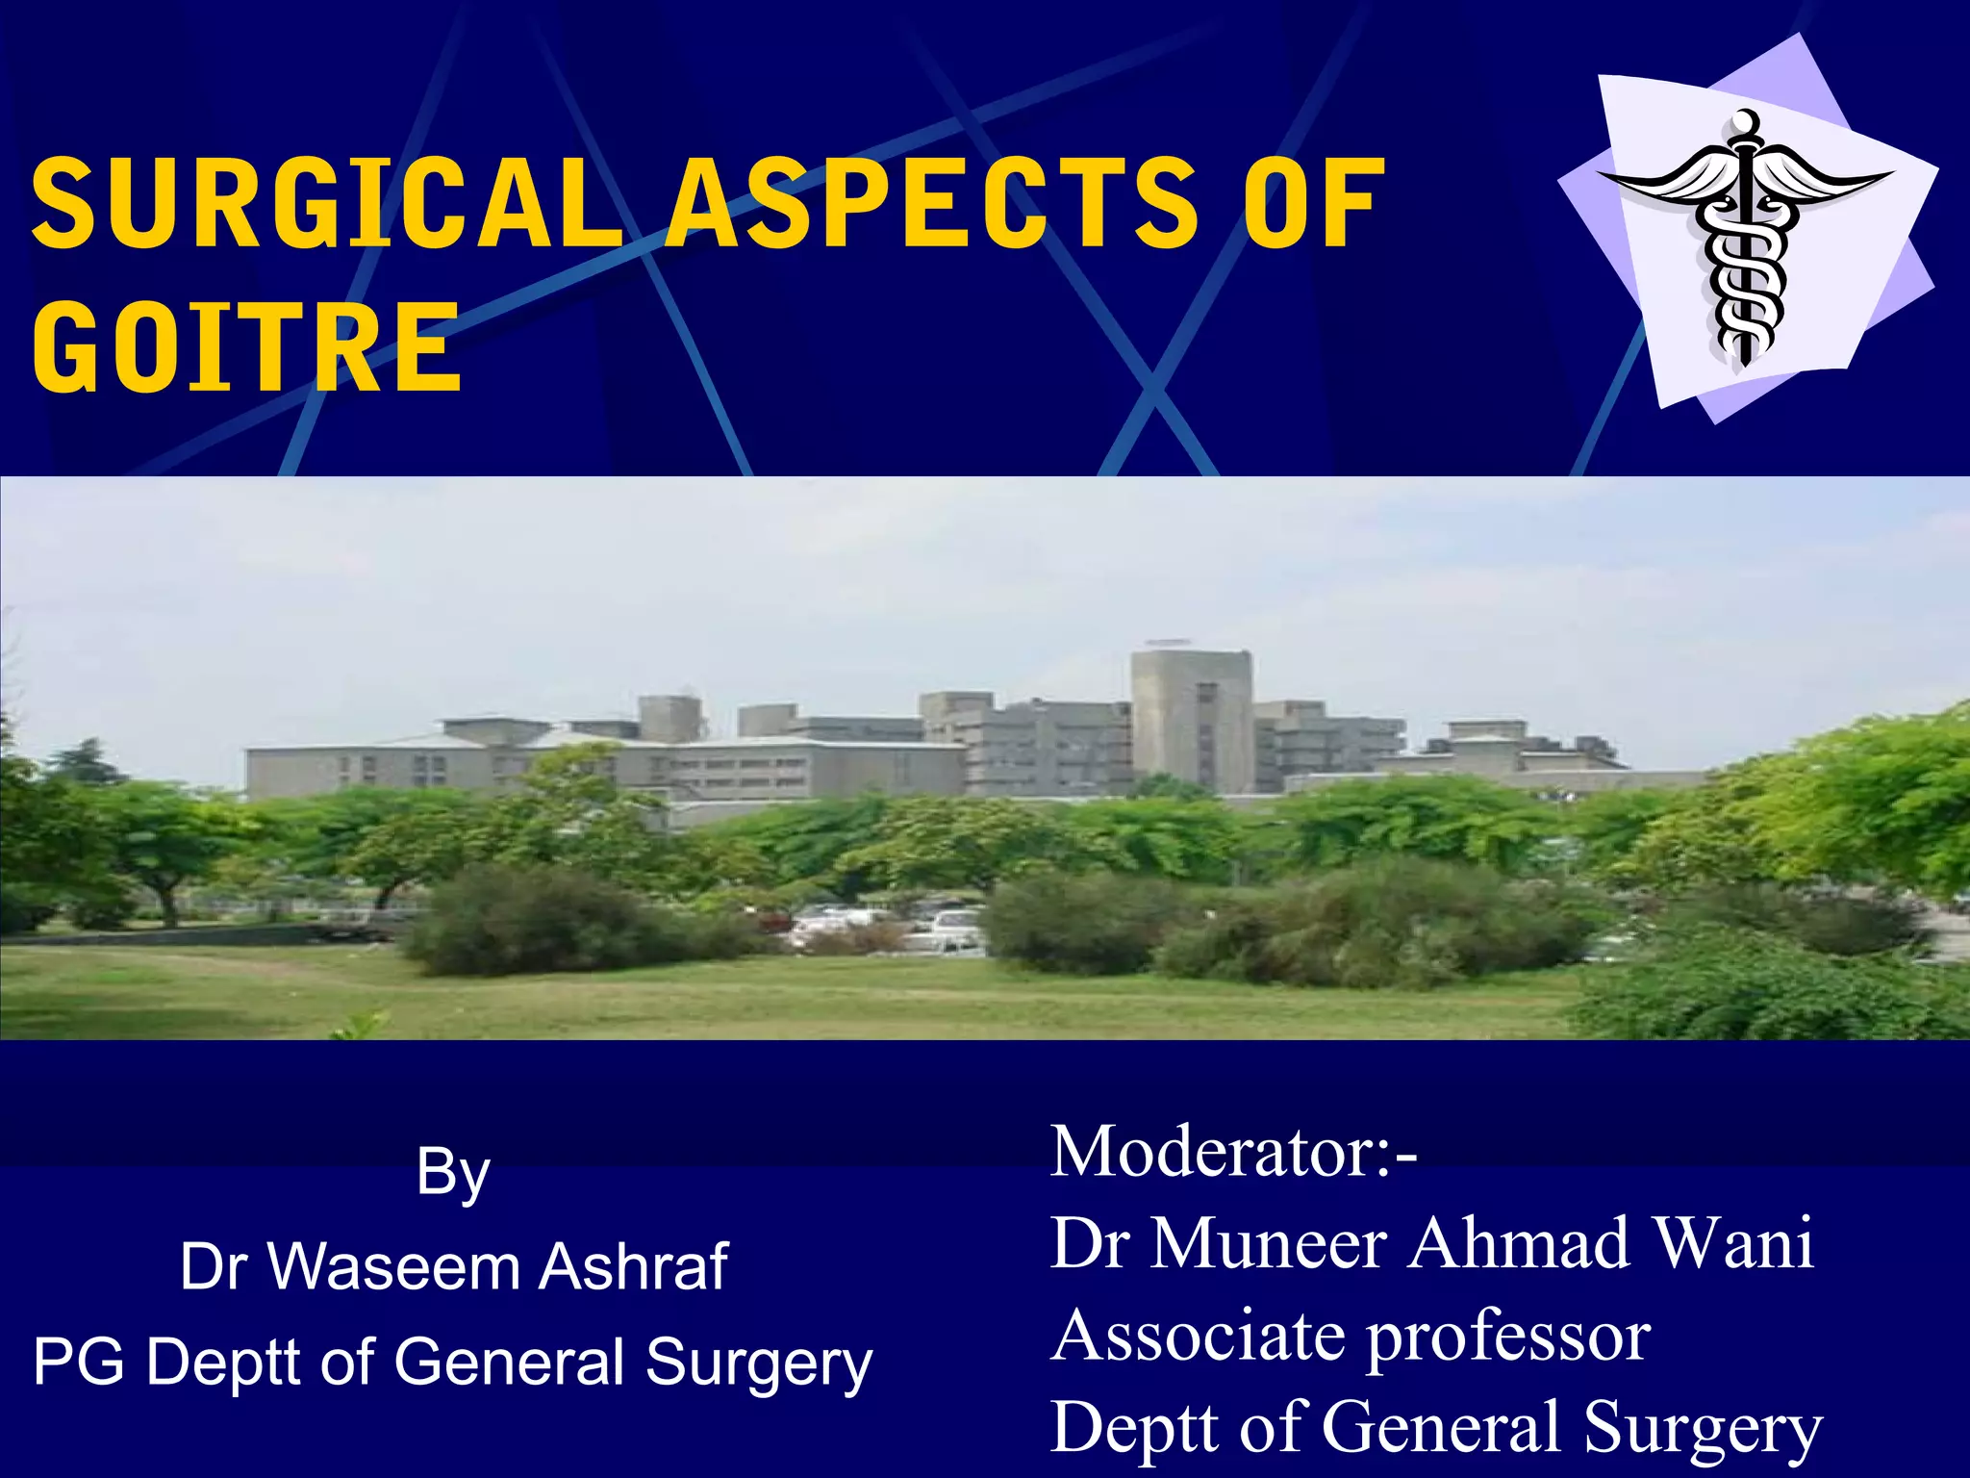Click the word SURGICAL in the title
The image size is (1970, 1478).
tap(328, 204)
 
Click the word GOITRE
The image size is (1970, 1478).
tap(247, 347)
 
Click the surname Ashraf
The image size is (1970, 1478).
tap(633, 1266)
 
